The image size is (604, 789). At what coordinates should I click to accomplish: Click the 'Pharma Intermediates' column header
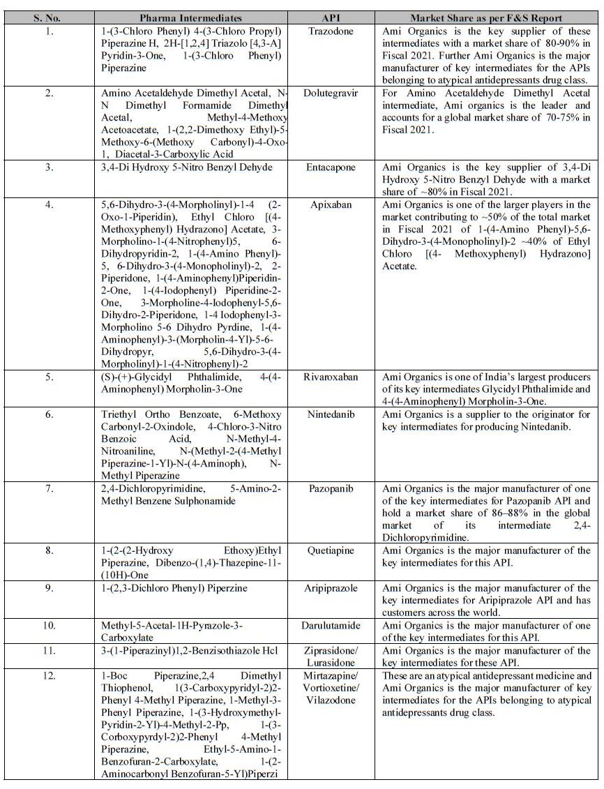click(x=190, y=17)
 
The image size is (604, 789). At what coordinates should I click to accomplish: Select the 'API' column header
click(x=331, y=17)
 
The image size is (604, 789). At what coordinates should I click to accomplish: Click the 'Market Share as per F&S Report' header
click(x=486, y=17)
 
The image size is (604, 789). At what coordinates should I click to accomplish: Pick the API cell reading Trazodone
click(x=331, y=31)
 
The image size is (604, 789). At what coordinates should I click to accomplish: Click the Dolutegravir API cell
click(x=331, y=93)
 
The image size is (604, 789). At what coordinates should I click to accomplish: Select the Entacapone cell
click(x=331, y=168)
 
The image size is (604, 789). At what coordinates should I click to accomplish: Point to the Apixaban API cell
click(x=331, y=205)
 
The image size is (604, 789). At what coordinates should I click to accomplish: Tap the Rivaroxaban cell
click(x=331, y=377)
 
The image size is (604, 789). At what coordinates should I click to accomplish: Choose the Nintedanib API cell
click(x=331, y=414)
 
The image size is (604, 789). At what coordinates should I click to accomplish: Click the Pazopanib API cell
click(x=331, y=488)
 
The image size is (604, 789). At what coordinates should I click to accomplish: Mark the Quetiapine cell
click(x=331, y=550)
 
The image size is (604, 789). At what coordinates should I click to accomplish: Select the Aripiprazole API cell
click(x=331, y=588)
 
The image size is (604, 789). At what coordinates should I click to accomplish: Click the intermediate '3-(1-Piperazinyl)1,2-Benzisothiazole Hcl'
click(x=189, y=650)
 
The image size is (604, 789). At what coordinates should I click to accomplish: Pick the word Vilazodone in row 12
click(x=331, y=700)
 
